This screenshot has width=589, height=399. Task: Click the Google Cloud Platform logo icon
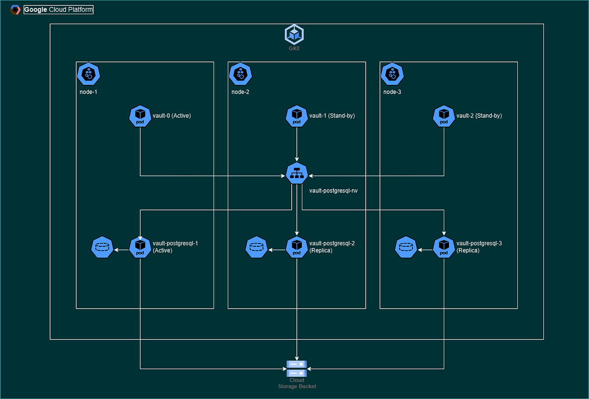pos(15,9)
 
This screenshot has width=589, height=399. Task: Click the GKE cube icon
pos(294,34)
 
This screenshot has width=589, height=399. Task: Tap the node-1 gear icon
pos(89,74)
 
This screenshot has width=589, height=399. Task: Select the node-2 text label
pos(241,91)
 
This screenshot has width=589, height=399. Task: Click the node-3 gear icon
pos(392,74)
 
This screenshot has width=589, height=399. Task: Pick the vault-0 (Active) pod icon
pos(140,116)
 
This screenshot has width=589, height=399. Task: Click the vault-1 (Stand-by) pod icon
pos(296,116)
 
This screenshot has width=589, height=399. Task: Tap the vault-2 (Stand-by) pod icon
pos(444,116)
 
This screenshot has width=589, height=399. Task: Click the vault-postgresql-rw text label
pos(333,190)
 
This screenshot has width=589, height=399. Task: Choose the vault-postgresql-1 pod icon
pos(140,247)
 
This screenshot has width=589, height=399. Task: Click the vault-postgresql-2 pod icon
pos(296,247)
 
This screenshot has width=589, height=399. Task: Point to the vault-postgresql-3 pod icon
pos(444,247)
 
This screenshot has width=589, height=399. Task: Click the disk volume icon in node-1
pos(102,247)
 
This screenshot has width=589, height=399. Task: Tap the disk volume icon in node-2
pos(256,247)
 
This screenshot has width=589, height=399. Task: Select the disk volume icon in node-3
pos(406,247)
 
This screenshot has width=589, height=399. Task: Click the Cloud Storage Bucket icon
pos(296,368)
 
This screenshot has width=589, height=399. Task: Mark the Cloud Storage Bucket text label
pos(296,383)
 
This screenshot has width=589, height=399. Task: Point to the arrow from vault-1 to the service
pos(296,145)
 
